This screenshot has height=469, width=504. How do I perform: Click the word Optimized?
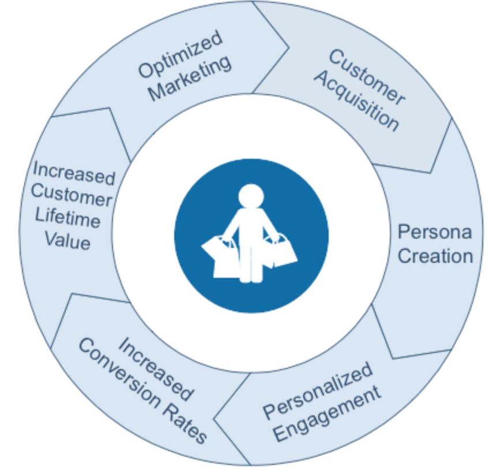(x=180, y=55)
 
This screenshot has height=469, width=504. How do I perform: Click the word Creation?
(x=435, y=256)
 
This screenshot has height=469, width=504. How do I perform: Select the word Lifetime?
(x=67, y=219)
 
